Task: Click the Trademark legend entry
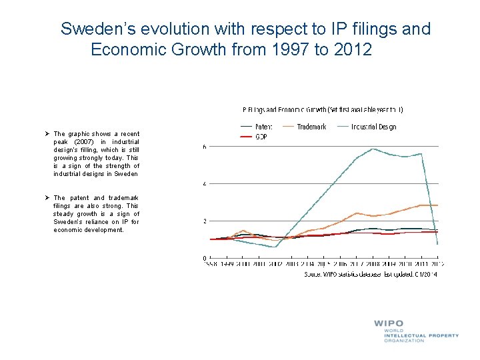coord(311,127)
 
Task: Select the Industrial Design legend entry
coord(374,127)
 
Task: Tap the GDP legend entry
coord(261,137)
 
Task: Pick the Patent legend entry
coord(262,127)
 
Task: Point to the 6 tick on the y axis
coord(204,147)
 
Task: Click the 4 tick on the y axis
coord(204,184)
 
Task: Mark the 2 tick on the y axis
coord(204,221)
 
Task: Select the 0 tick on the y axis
coord(204,258)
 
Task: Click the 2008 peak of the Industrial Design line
coord(373,149)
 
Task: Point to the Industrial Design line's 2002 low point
coord(275,247)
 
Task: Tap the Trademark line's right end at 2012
coord(437,205)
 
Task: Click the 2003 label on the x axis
coord(292,264)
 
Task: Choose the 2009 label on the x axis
coord(390,264)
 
